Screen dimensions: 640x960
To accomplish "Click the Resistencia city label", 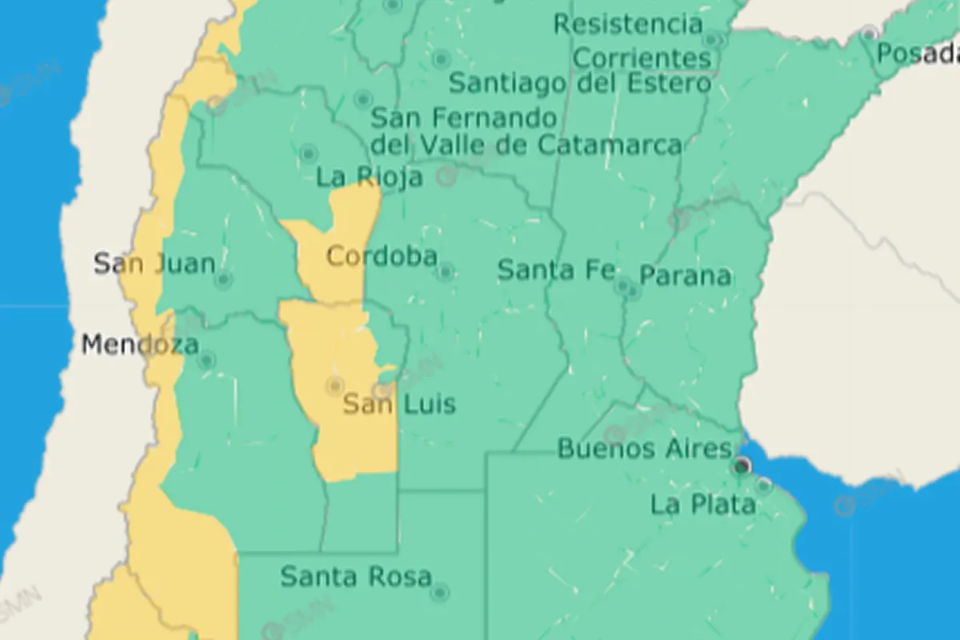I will pyautogui.click(x=628, y=24).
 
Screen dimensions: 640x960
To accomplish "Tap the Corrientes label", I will pyautogui.click(x=642, y=58).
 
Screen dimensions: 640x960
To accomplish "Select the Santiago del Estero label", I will pyautogui.click(x=579, y=83).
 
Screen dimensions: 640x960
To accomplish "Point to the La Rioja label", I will pyautogui.click(x=369, y=177).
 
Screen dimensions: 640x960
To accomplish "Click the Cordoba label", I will pyautogui.click(x=382, y=256).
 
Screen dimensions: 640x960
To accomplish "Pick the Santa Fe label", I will pyautogui.click(x=556, y=270).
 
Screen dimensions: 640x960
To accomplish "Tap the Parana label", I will pyautogui.click(x=685, y=276).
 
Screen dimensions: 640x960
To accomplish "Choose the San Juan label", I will pyautogui.click(x=154, y=263).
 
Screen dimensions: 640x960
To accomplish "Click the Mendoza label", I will pyautogui.click(x=140, y=345).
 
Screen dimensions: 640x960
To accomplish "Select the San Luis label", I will pyautogui.click(x=399, y=403).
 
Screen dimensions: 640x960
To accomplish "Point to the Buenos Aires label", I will pyautogui.click(x=644, y=448).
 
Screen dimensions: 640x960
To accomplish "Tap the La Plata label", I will pyautogui.click(x=702, y=505).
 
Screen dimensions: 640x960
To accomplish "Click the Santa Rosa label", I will pyautogui.click(x=356, y=576).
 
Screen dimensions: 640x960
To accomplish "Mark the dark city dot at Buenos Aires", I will pyautogui.click(x=743, y=465).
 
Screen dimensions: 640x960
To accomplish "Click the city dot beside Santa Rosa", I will pyautogui.click(x=439, y=593).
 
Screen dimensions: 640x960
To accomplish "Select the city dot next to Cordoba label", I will pyautogui.click(x=446, y=272).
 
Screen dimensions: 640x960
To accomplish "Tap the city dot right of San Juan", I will pyautogui.click(x=224, y=280).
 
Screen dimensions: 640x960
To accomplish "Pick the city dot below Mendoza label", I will pyautogui.click(x=207, y=361).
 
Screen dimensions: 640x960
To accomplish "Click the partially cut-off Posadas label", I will pyautogui.click(x=918, y=54).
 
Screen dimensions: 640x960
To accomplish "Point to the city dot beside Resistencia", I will pyautogui.click(x=711, y=40).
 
